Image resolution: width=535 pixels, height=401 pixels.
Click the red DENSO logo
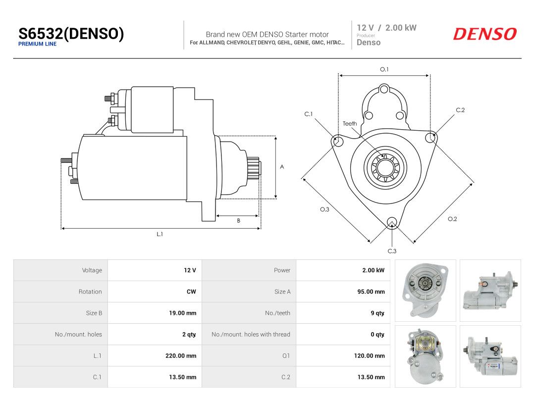(x=485, y=34)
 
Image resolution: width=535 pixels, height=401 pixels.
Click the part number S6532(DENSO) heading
(x=71, y=34)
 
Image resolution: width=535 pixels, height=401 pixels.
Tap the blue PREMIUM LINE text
(x=38, y=44)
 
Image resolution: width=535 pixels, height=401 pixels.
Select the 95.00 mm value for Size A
(x=371, y=292)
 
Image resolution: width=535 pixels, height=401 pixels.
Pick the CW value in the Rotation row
(x=191, y=292)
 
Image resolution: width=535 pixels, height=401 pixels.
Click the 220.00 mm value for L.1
(x=181, y=355)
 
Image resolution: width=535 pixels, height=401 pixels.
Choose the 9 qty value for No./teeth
(x=377, y=313)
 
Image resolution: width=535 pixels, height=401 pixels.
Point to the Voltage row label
(x=92, y=270)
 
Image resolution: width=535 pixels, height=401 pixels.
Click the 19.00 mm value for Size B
(x=182, y=313)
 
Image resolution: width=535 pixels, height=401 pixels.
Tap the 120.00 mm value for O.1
(x=370, y=355)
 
